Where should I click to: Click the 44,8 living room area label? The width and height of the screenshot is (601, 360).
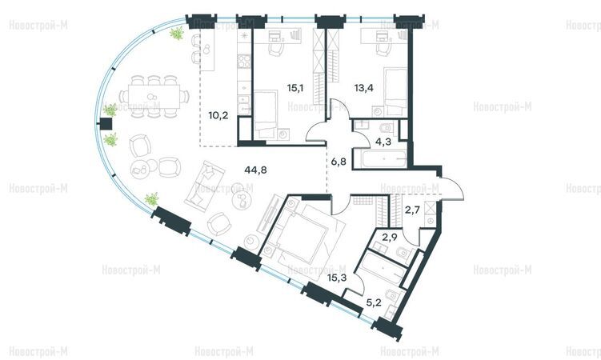coord(255,170)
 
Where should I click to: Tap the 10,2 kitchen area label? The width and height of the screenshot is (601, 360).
coord(218,114)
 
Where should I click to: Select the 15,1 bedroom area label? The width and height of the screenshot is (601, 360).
coord(295,88)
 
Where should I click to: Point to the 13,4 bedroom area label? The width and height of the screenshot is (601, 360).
coord(364,88)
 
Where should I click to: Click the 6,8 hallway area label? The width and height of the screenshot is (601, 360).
coord(339,162)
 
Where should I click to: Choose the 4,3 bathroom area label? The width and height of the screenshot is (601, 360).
coord(383,142)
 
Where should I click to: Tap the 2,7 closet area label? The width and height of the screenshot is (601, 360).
coord(412,210)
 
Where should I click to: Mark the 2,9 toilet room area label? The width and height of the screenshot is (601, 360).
coord(389,237)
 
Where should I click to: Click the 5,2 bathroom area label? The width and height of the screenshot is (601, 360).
coord(374,303)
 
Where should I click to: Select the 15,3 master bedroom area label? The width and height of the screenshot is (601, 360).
coord(337,278)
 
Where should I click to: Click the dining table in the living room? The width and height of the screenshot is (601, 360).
coord(154,96)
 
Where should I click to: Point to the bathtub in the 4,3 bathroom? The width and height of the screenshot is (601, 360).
coord(380,158)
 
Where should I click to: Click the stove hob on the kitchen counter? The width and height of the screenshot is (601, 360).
coord(243,61)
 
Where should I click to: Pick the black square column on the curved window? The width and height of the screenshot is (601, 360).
coord(106,124)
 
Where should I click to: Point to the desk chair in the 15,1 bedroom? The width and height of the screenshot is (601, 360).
coord(275,49)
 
